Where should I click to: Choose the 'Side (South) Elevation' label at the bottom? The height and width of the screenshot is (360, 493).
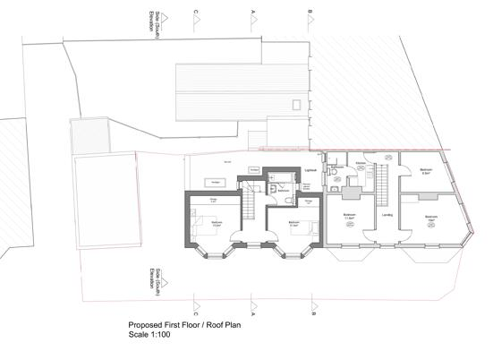tap(156, 288)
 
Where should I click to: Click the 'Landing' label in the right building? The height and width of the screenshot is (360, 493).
tap(387, 215)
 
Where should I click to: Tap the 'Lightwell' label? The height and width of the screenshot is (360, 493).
tap(311, 168)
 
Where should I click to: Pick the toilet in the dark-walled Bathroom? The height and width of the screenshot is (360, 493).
tap(272, 190)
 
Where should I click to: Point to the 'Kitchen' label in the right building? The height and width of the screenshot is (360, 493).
tap(359, 163)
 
